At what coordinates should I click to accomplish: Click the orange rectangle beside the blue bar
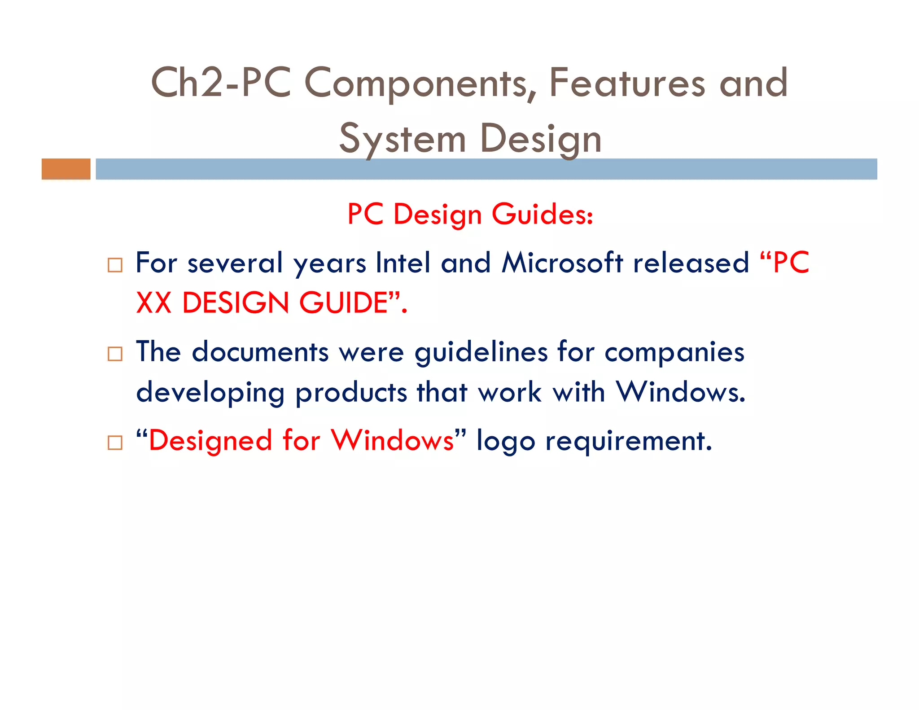click(x=66, y=169)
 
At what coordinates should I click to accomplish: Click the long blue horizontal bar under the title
click(x=486, y=169)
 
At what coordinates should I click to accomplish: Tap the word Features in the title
click(x=627, y=83)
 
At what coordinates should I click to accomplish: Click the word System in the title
click(x=402, y=140)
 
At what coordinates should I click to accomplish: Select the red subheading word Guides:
click(x=542, y=214)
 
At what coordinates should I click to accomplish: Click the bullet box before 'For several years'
click(x=115, y=265)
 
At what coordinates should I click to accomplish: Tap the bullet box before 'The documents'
click(x=115, y=354)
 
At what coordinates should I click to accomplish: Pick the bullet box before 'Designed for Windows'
click(x=115, y=443)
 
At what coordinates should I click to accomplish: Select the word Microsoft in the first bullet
click(x=562, y=263)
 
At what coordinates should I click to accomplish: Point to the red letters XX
click(x=154, y=303)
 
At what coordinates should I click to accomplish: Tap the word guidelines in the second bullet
click(x=481, y=352)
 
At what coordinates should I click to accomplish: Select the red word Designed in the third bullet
click(x=210, y=441)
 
